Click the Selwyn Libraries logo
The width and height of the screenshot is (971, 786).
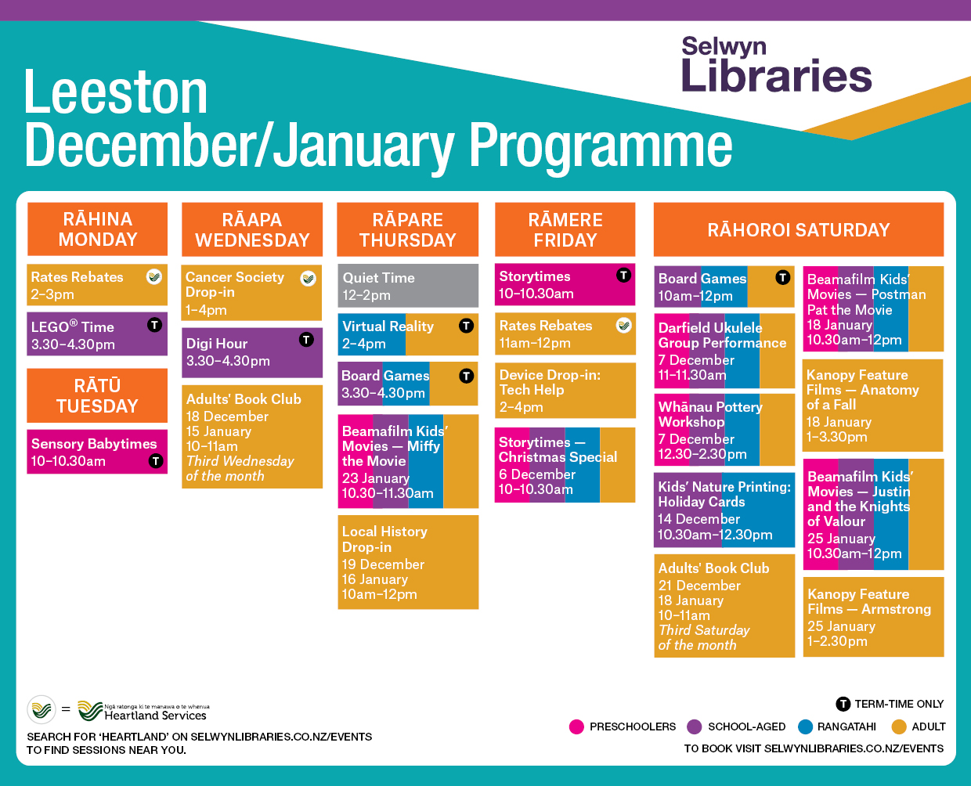pyautogui.click(x=776, y=64)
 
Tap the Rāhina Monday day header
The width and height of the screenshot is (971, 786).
pyautogui.click(x=98, y=229)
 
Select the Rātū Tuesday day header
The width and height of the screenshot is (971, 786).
pyautogui.click(x=97, y=395)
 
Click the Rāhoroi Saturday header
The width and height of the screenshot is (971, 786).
pyautogui.click(x=798, y=229)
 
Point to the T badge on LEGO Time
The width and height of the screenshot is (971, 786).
pyautogui.click(x=154, y=325)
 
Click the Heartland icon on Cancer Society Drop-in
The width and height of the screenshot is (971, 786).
pyautogui.click(x=309, y=278)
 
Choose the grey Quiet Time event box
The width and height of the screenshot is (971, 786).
pyautogui.click(x=408, y=286)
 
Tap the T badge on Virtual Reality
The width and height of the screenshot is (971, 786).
pyautogui.click(x=466, y=326)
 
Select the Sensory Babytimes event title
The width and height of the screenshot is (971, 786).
pyautogui.click(x=94, y=444)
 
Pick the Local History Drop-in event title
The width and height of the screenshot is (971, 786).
pyautogui.click(x=384, y=539)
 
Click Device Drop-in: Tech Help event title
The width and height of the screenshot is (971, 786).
pyautogui.click(x=550, y=382)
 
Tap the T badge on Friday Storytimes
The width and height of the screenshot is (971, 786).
pyautogui.click(x=623, y=276)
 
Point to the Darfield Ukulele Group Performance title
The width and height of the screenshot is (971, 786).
pyautogui.click(x=722, y=335)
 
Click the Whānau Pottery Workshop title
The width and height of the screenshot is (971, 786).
pyautogui.click(x=710, y=414)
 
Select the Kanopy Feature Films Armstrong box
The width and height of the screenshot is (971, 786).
pyautogui.click(x=873, y=617)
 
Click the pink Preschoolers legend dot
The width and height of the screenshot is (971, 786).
pyautogui.click(x=576, y=727)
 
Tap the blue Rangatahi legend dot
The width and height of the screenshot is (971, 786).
pyautogui.click(x=805, y=727)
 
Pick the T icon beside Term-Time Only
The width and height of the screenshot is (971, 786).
pyautogui.click(x=843, y=704)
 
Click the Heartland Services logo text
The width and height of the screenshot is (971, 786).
pyautogui.click(x=155, y=716)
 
